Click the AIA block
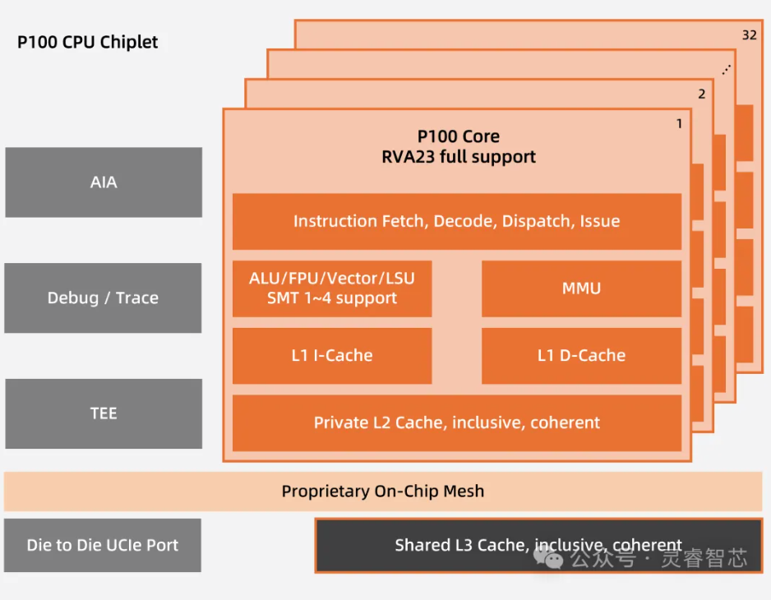click(104, 182)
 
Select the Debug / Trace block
click(103, 298)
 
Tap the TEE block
click(104, 413)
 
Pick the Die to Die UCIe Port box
click(103, 545)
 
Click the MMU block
click(581, 288)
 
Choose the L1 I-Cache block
click(332, 356)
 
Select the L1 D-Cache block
click(581, 356)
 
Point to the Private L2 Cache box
click(456, 423)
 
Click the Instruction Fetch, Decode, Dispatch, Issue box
click(456, 221)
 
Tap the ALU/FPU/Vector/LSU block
click(332, 279)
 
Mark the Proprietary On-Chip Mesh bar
click(383, 492)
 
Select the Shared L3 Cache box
click(538, 545)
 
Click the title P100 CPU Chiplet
click(88, 42)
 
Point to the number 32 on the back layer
click(749, 35)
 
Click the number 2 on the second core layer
click(701, 94)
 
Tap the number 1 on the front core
click(679, 124)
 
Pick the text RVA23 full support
click(458, 157)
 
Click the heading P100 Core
click(458, 136)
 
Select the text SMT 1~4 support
click(332, 298)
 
